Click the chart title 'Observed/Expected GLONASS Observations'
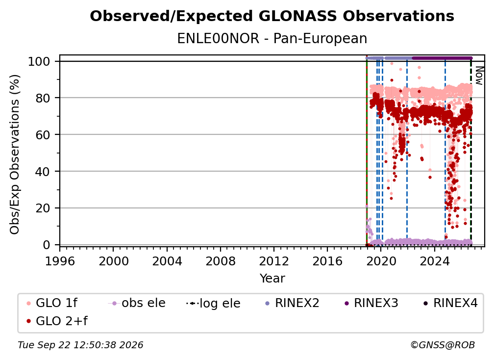click(272, 16)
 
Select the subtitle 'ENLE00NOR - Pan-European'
click(272, 38)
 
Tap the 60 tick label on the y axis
click(43, 134)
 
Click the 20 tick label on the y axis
click(43, 208)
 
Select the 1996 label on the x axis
click(60, 261)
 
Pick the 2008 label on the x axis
click(220, 261)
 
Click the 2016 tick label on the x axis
click(327, 261)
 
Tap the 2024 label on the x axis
click(434, 261)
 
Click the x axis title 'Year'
click(272, 279)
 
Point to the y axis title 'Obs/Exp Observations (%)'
click(15, 154)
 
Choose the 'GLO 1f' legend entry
click(52, 303)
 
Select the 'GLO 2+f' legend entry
click(57, 321)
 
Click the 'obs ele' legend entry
click(137, 303)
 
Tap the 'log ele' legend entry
click(213, 303)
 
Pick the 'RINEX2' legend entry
click(293, 303)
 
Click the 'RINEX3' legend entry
click(371, 303)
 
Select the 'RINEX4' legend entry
click(450, 303)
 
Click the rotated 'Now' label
click(479, 76)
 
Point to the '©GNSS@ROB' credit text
click(443, 345)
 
